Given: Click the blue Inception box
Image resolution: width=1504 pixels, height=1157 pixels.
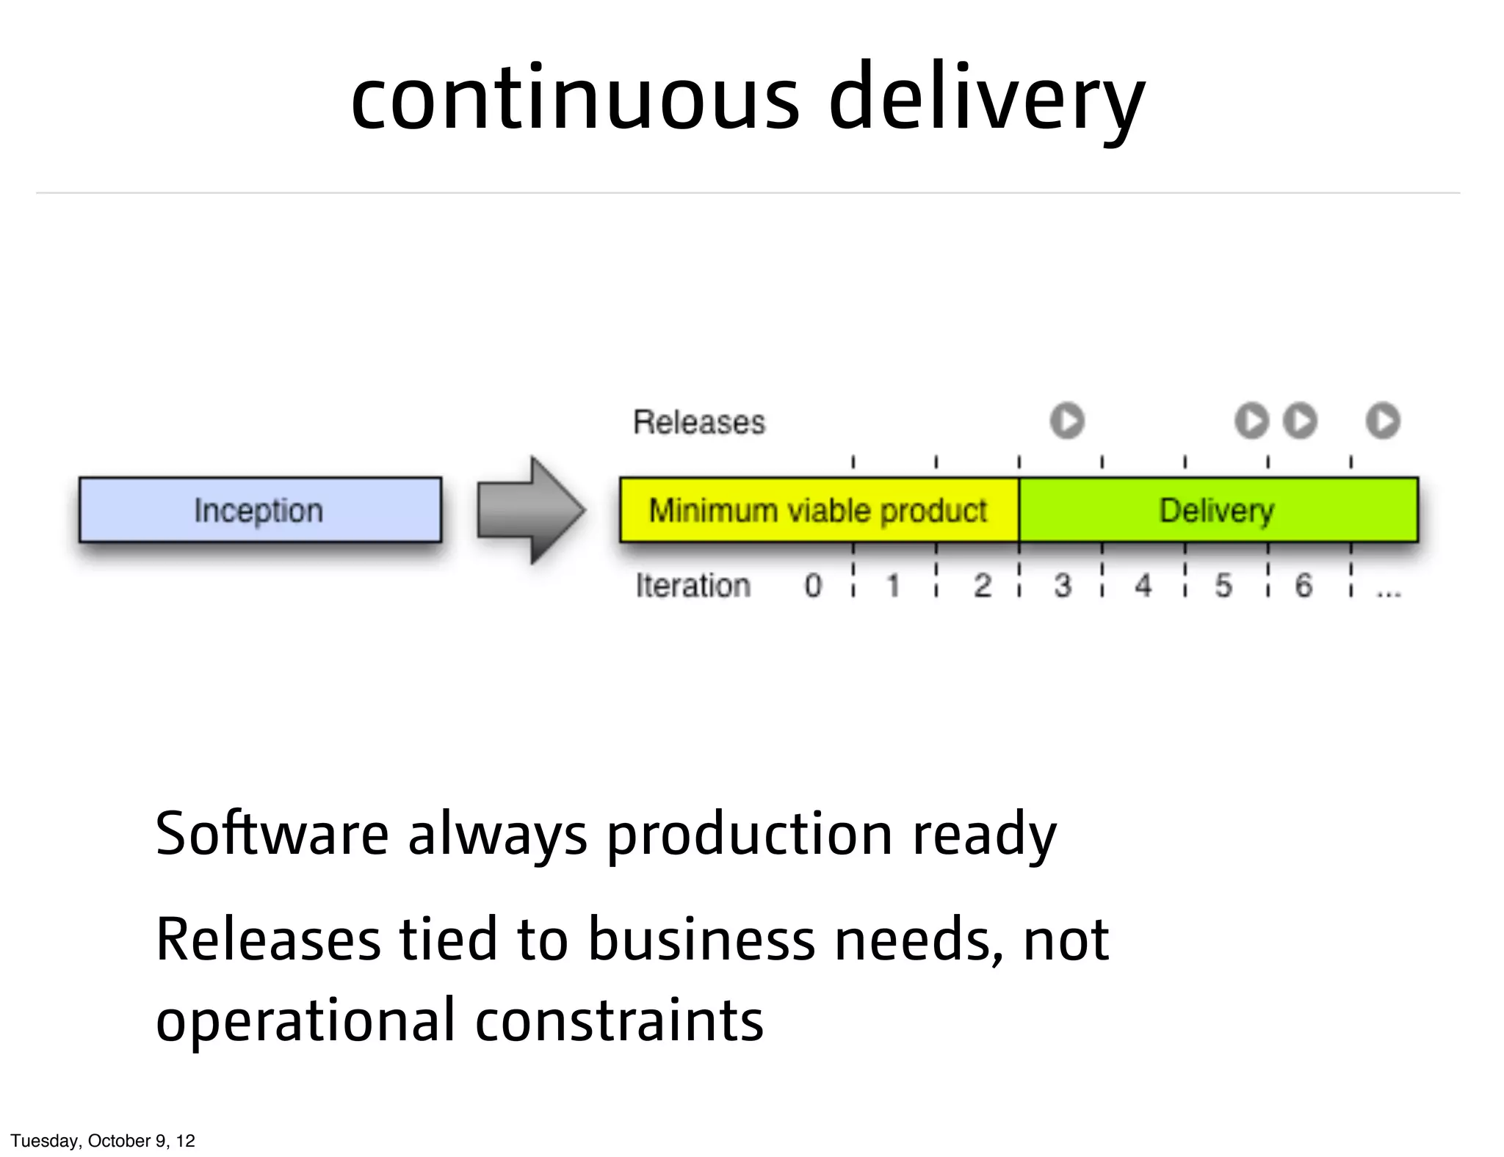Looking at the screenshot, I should [260, 510].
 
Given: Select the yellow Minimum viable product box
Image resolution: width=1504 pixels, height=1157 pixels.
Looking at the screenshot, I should [819, 510].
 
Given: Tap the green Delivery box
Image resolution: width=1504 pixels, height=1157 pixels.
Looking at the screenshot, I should [1218, 510].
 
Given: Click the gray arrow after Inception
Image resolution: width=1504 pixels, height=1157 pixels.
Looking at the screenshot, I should [531, 510].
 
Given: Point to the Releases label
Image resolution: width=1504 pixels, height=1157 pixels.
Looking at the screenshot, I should [699, 422].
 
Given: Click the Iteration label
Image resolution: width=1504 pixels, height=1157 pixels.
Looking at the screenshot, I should [693, 586].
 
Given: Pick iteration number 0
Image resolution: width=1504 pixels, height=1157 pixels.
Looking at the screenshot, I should [813, 586].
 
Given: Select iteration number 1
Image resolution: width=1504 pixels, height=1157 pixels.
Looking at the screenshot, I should [894, 586].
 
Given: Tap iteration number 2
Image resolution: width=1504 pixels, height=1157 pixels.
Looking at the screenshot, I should [983, 586].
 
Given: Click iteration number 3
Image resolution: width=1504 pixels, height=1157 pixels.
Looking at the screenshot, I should [1063, 586].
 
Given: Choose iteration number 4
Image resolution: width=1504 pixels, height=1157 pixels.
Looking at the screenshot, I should [1143, 586].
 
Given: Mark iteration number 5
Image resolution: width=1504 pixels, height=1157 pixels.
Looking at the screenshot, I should [1223, 586].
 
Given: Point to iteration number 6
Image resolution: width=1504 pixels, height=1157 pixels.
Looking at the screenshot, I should [1304, 586].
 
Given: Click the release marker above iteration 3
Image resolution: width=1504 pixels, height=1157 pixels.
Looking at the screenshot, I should [1067, 421].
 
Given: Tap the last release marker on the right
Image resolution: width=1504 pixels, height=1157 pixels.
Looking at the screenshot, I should [1383, 421].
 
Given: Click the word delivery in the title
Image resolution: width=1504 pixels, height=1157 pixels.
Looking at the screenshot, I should [987, 99].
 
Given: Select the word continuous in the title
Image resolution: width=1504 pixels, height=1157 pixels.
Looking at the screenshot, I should [575, 99].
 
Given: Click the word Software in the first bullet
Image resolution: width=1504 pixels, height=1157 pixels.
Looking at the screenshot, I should [272, 834].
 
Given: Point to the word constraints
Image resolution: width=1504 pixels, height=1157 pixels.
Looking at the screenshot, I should [619, 1020].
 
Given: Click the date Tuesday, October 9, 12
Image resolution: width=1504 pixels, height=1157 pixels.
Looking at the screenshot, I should [103, 1140].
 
